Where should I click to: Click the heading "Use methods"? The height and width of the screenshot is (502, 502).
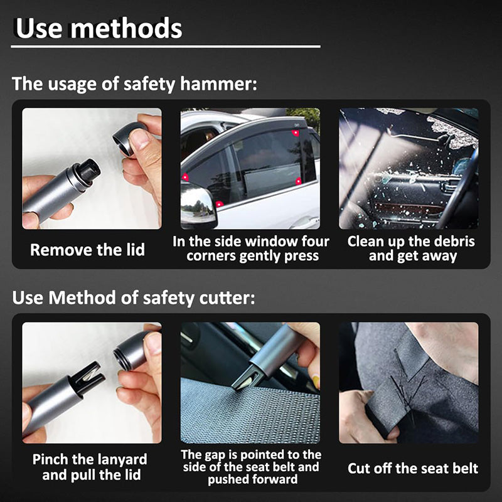click(x=99, y=28)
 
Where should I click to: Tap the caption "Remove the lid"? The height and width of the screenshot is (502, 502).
click(x=88, y=250)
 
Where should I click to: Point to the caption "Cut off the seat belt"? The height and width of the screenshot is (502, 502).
click(x=413, y=468)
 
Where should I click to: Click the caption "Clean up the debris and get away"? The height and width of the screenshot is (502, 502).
click(x=412, y=248)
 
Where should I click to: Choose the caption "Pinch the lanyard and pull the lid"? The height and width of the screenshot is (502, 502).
click(x=90, y=467)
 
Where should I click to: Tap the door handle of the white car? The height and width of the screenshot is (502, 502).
click(x=304, y=222)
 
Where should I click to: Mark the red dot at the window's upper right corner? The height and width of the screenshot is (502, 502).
click(x=296, y=133)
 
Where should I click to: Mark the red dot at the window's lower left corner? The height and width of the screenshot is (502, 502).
click(x=219, y=204)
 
